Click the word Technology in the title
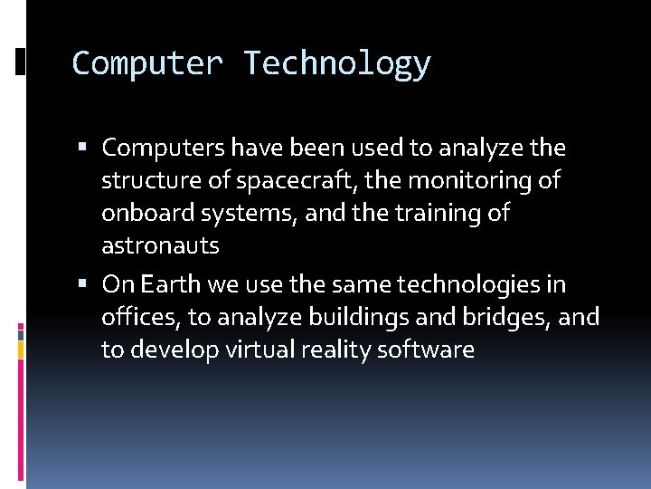coord(336,64)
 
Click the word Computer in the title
coord(146,64)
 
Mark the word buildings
coord(384,318)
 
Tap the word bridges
coord(512,318)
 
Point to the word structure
coord(151,181)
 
